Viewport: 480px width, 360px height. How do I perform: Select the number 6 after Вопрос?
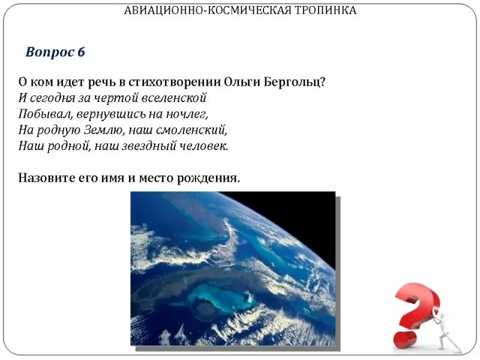coord(81,52)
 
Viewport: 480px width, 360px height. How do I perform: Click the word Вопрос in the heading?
coord(50,53)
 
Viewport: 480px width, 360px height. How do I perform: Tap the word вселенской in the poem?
coord(175,98)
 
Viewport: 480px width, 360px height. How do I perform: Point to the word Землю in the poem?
coord(103,130)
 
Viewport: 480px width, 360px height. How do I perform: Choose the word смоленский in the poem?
coord(191,130)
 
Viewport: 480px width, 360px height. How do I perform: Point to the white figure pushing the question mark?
coord(448,332)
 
